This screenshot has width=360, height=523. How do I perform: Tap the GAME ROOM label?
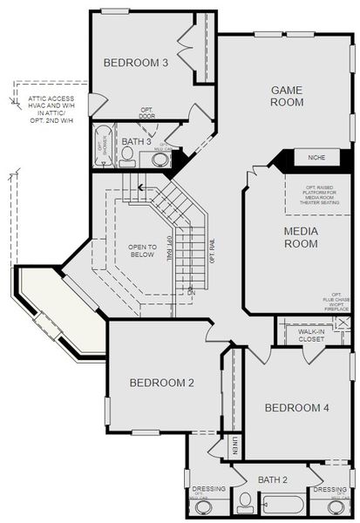click(x=287, y=96)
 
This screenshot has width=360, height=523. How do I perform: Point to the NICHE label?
click(x=316, y=158)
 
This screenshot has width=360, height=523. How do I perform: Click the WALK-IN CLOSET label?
click(x=311, y=335)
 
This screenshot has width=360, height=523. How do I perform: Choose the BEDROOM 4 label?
click(x=297, y=408)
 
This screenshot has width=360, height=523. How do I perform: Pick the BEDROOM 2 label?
click(x=161, y=383)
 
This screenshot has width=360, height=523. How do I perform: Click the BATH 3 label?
click(x=137, y=140)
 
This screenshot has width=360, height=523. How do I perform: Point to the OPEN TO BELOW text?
click(x=141, y=250)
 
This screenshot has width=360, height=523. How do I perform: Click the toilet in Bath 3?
click(x=127, y=156)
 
